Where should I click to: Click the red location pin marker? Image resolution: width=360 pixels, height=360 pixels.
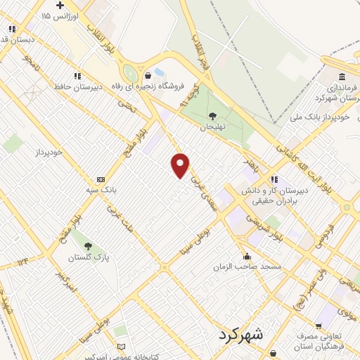[x=181, y=165]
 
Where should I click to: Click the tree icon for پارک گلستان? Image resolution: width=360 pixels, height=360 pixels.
[x=88, y=246]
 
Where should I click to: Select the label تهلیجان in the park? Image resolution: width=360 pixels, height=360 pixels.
[x=212, y=127]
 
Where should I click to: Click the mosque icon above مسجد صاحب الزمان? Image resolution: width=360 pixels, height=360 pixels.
[x=246, y=256]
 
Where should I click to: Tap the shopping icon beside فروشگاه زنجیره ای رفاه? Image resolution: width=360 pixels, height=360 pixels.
[x=148, y=75]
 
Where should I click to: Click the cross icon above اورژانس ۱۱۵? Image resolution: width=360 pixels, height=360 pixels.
[x=60, y=5]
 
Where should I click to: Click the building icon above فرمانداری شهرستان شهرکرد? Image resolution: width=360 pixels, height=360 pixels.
[x=342, y=77]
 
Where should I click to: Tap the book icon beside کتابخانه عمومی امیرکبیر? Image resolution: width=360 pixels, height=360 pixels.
[x=121, y=347]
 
